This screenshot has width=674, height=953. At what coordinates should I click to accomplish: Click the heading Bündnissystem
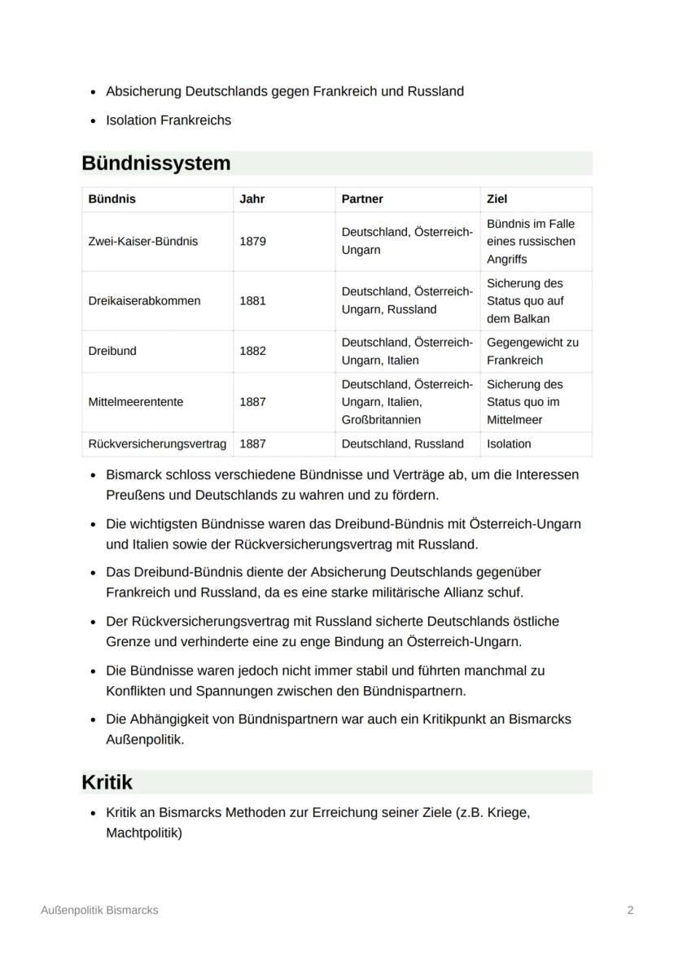[156, 164]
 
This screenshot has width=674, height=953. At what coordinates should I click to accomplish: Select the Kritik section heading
[107, 782]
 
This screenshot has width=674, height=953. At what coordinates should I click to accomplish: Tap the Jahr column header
[252, 199]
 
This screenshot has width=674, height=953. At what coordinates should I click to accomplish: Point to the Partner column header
[362, 199]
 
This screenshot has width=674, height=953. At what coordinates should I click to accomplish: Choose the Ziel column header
[497, 199]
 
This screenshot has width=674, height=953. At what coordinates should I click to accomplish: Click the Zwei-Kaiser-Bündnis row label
[142, 242]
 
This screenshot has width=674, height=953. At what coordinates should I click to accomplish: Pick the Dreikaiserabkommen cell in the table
[144, 300]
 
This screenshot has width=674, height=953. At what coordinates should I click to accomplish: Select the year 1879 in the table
[252, 242]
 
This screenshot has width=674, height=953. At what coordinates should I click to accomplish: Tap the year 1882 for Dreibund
[252, 351]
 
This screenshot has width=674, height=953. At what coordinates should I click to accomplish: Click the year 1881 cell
[252, 300]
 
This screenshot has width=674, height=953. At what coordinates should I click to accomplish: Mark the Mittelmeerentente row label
[136, 402]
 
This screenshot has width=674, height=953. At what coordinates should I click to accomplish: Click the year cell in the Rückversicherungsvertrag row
[252, 444]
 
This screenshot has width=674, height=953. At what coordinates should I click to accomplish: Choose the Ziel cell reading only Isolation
[509, 444]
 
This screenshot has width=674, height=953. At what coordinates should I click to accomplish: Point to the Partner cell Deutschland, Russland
[402, 444]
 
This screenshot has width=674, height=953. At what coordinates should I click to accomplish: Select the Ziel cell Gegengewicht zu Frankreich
[532, 351]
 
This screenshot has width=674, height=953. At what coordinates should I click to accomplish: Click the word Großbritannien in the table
[381, 420]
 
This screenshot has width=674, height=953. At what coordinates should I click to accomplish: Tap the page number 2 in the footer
[630, 911]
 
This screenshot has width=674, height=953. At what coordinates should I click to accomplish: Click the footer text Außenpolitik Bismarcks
[99, 911]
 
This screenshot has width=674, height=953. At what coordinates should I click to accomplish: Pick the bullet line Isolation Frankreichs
[168, 120]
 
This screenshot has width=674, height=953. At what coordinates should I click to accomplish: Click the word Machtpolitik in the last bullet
[144, 833]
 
